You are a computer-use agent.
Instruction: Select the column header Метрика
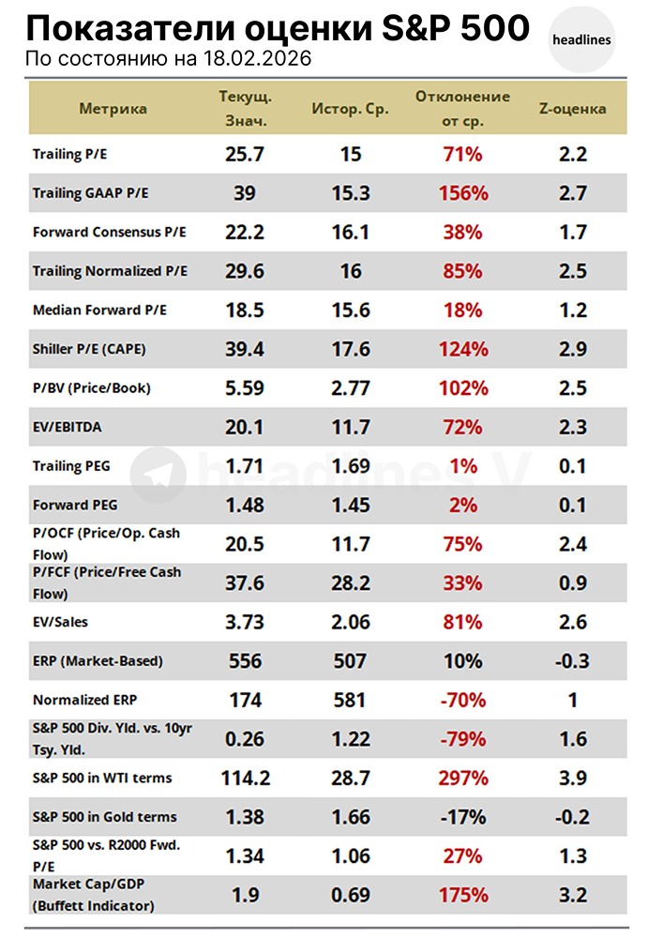click(x=113, y=109)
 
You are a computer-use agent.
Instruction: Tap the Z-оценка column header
click(x=572, y=109)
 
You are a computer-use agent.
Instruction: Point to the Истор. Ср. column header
click(x=350, y=109)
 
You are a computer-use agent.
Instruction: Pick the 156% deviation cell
click(x=462, y=194)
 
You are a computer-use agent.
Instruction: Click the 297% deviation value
click(x=462, y=778)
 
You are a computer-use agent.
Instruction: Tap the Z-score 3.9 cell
click(x=572, y=778)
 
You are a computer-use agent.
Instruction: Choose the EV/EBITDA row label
click(x=68, y=428)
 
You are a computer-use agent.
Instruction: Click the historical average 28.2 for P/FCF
click(x=350, y=583)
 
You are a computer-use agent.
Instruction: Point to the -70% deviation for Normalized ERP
click(x=462, y=701)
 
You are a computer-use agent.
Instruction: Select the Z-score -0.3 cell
click(x=572, y=661)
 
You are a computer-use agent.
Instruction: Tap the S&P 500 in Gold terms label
click(x=104, y=817)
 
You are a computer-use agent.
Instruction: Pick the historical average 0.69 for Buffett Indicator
click(x=350, y=895)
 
